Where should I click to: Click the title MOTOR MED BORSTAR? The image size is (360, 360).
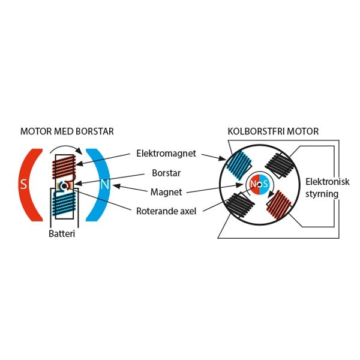[67, 131]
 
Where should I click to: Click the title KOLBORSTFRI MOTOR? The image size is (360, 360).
[273, 131]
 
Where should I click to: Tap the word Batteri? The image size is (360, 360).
[63, 234]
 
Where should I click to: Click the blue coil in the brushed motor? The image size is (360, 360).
[63, 204]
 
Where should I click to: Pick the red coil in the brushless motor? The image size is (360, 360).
[280, 205]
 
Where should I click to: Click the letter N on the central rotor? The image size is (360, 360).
[254, 184]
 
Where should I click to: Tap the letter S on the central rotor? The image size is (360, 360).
[265, 184]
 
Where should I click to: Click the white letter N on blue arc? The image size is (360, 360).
[104, 184]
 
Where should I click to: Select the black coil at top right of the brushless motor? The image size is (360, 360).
[279, 163]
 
